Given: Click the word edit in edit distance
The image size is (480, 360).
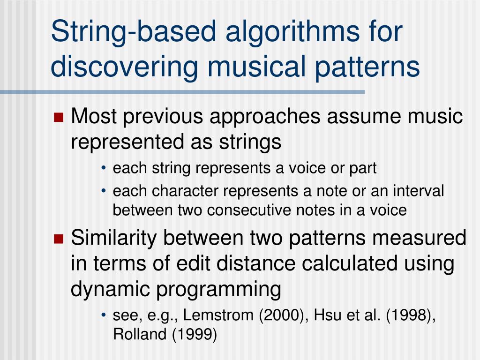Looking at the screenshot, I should click(190, 263).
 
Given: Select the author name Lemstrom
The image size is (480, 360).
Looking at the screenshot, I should click(219, 316).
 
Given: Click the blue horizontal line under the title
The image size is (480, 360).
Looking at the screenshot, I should click(183, 92).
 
